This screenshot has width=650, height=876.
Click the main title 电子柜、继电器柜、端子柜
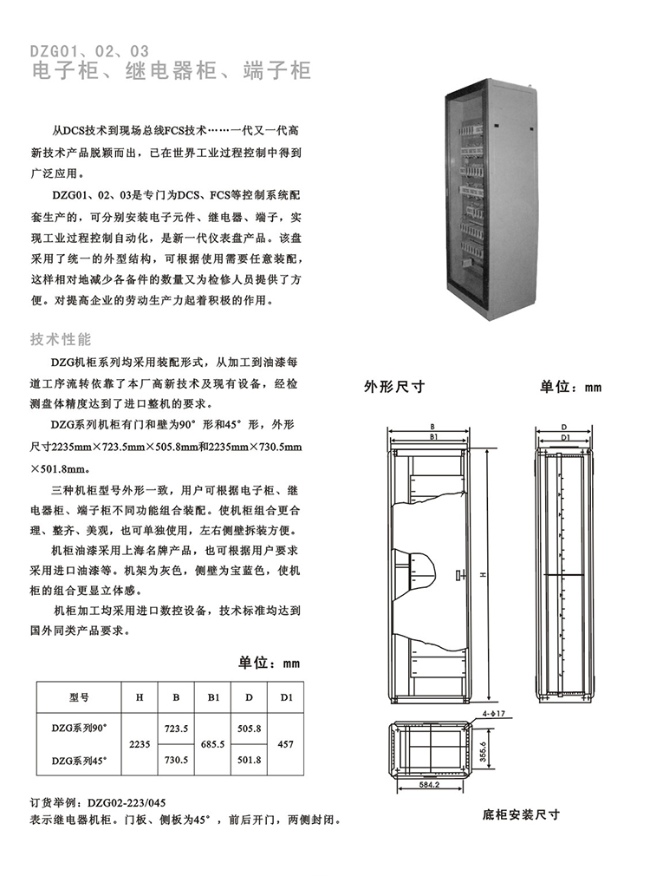pyautogui.click(x=171, y=71)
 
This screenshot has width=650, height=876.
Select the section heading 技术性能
pyautogui.click(x=61, y=338)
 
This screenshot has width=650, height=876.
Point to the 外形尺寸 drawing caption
pyautogui.click(x=394, y=388)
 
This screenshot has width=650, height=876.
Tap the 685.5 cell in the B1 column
pyautogui.click(x=212, y=744)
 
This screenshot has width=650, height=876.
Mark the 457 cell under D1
pyautogui.click(x=285, y=744)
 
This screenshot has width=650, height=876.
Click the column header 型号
pyautogui.click(x=79, y=696)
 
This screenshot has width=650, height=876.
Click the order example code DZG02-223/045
pyautogui.click(x=126, y=803)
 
